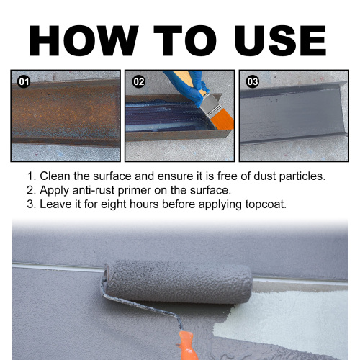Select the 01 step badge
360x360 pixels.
coord(24,82)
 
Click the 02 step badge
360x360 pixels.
coord(138,82)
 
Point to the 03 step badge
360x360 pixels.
coord(252,82)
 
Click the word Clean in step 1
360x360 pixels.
coord(55,176)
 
